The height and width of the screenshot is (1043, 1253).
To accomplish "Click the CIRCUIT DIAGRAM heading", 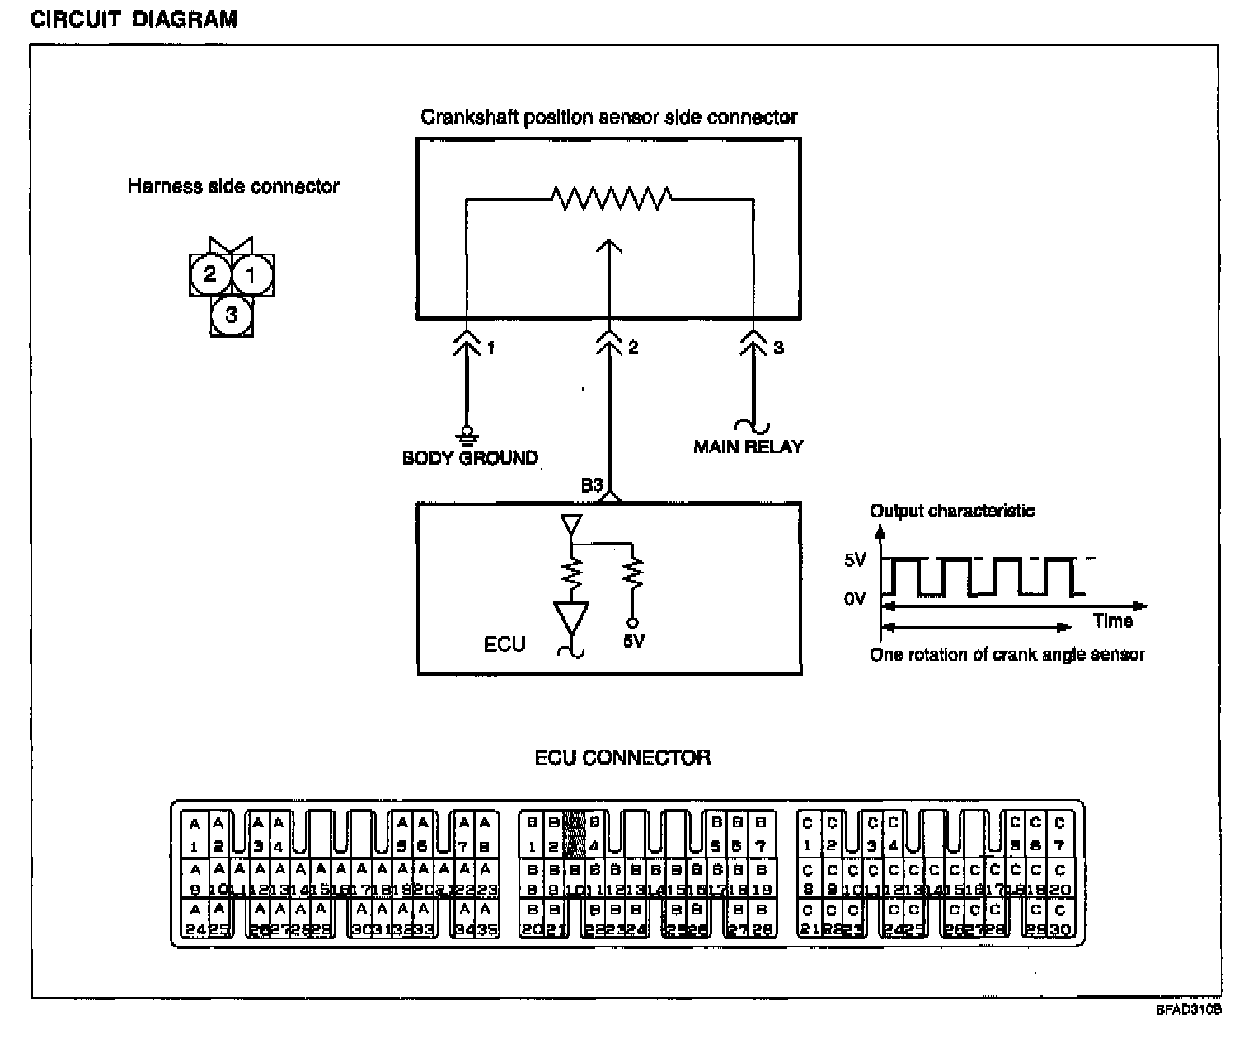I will tap(134, 20).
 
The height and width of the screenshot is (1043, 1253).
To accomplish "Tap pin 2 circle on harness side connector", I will tap(209, 274).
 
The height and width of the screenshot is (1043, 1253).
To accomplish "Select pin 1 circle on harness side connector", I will tap(252, 274).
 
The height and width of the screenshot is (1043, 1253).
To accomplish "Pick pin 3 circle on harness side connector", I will tap(231, 315).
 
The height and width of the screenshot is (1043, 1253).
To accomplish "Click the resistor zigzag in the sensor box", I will tap(611, 199).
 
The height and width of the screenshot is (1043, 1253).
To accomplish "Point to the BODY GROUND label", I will tap(470, 458).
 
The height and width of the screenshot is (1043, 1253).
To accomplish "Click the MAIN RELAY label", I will tap(748, 447).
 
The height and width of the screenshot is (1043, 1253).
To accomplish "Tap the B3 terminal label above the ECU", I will tap(593, 486).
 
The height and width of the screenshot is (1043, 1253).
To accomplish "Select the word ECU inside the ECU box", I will tap(504, 644).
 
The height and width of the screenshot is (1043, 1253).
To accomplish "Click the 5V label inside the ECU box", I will tap(633, 641).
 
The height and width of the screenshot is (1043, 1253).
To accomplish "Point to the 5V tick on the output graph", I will tap(856, 560).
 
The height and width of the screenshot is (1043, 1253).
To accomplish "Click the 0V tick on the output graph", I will tap(856, 597).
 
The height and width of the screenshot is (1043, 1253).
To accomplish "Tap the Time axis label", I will tap(1113, 621).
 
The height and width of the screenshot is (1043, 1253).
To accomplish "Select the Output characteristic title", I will tap(952, 511).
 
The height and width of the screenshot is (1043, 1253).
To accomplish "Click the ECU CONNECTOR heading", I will tap(622, 757).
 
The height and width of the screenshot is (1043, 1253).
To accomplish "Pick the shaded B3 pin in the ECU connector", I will tap(575, 834).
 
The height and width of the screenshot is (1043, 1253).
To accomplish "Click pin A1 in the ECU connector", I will tap(195, 834).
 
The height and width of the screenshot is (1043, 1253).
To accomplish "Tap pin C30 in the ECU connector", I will tap(1060, 920).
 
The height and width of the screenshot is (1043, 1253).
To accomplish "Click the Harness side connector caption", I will tap(233, 186).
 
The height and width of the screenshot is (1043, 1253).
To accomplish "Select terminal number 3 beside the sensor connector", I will tap(779, 348).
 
